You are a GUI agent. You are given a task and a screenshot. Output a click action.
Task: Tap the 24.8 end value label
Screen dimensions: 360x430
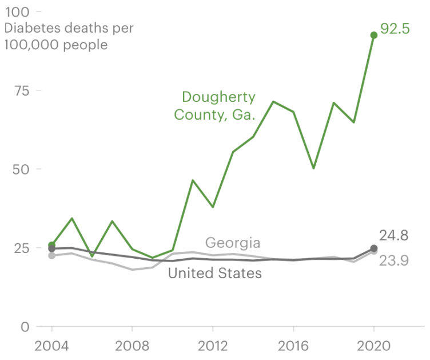[394, 235]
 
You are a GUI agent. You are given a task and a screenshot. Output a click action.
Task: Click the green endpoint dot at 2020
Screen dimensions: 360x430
[374, 35]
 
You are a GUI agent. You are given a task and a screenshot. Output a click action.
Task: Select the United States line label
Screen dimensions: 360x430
[215, 274]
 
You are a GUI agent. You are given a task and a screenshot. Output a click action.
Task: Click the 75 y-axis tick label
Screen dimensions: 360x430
[20, 90]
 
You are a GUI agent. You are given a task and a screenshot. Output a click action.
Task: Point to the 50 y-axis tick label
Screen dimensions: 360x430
[20, 169]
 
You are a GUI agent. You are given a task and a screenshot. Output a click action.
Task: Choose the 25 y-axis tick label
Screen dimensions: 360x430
[20, 248]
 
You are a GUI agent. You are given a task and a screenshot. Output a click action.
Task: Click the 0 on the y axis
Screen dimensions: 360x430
[25, 327]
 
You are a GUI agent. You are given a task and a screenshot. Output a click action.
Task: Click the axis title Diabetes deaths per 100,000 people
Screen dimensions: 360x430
[68, 37]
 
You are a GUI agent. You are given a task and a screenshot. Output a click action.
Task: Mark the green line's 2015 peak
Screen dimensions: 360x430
[273, 101]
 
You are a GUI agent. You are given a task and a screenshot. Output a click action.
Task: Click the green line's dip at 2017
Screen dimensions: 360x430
[313, 168]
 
